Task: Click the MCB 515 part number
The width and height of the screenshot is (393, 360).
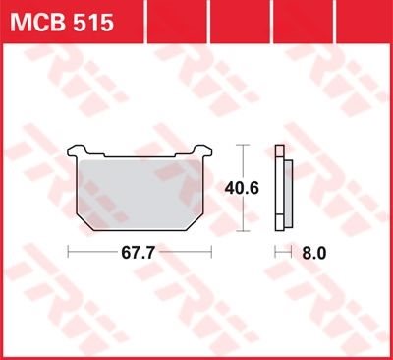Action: pos(62,22)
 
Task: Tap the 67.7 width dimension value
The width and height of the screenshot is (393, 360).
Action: pos(138,253)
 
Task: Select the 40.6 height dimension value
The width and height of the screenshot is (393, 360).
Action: pos(242,188)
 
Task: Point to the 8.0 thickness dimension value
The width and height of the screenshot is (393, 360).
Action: pos(313,253)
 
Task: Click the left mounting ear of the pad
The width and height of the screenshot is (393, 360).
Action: pos(77,150)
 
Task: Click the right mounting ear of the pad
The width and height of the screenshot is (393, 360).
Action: pos(202,150)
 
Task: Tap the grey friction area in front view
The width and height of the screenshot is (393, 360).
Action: pos(140,194)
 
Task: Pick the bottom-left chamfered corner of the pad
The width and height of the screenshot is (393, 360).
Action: pos(85,223)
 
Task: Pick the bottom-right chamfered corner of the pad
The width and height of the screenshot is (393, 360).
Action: pos(195,223)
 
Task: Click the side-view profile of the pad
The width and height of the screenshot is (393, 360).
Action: pos(284,188)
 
